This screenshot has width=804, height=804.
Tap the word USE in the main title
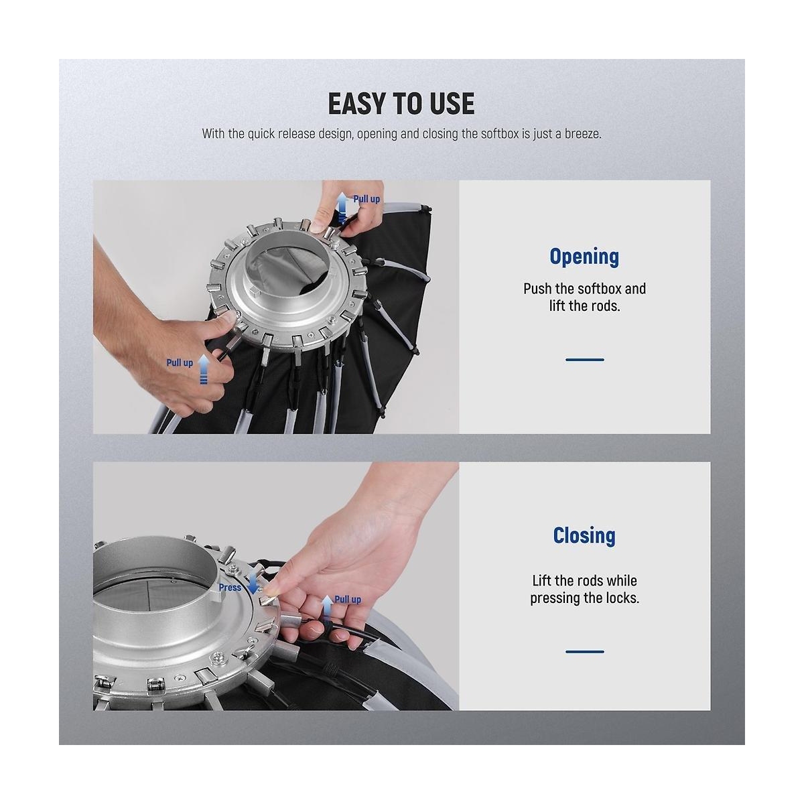[x=452, y=103]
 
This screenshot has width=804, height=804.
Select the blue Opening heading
[x=584, y=257]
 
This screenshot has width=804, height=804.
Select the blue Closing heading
[x=584, y=535]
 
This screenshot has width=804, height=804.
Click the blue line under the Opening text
[x=584, y=359]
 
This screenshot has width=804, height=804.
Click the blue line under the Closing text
[x=584, y=651]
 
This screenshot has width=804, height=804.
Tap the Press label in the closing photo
[x=230, y=587]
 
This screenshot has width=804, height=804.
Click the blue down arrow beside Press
[x=253, y=583]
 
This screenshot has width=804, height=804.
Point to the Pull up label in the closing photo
[x=348, y=599]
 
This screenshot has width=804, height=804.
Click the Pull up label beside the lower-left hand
[x=180, y=362]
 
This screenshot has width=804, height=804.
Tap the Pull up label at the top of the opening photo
[x=366, y=199]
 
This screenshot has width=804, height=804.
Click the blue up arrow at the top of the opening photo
[x=342, y=207]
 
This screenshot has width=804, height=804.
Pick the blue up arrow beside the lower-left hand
[x=203, y=368]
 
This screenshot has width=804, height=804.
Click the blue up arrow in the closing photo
[x=328, y=610]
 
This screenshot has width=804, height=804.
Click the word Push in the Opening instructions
[x=536, y=288]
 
